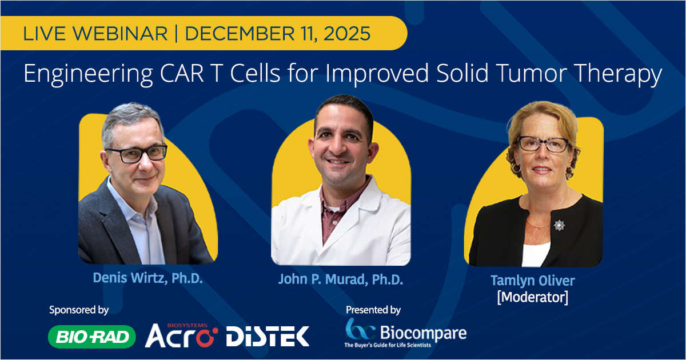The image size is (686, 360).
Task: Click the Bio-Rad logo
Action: point(92,337)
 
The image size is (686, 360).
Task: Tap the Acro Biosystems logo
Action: point(181,336)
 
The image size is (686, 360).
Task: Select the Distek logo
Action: point(268,336)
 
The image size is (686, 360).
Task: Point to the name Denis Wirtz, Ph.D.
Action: point(147,278)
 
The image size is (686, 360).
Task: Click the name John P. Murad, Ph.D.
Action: point(341,279)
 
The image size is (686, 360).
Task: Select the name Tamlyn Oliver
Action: point(532,281)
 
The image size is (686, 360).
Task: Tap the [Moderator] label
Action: point(532,297)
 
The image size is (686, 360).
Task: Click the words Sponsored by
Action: point(79,310)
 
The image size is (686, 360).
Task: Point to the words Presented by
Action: point(373,310)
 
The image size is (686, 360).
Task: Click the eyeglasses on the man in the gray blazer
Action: point(136,153)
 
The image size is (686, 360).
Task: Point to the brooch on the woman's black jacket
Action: point(559,225)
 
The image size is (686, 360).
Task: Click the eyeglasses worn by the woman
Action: point(543,144)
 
